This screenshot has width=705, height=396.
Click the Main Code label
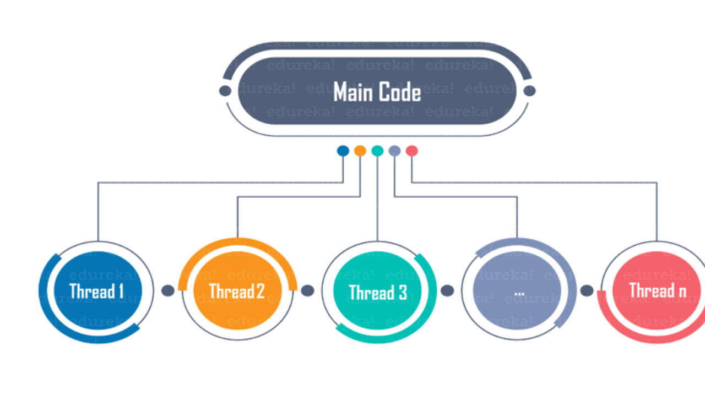(x=377, y=92)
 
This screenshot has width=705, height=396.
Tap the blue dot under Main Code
(x=343, y=151)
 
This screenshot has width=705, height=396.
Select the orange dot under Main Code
(x=360, y=151)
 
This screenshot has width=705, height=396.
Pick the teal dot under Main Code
(x=377, y=151)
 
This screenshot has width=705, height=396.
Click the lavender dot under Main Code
(x=394, y=151)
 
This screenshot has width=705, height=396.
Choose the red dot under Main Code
(x=411, y=151)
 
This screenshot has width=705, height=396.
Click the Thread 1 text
(x=96, y=291)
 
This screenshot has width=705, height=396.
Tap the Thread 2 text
(x=237, y=291)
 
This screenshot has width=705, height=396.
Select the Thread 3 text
(x=378, y=292)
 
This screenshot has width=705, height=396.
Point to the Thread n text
(x=658, y=290)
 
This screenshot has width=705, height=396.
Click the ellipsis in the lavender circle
(x=519, y=293)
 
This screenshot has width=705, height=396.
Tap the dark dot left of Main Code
(x=225, y=91)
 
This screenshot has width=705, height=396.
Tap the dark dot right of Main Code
(x=529, y=91)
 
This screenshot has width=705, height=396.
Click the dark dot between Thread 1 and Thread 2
(x=168, y=290)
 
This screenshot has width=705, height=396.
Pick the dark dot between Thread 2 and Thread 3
(x=307, y=290)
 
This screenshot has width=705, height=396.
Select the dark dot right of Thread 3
(x=447, y=290)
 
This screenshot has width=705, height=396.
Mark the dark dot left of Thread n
(x=587, y=290)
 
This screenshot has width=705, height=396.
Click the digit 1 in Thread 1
(x=120, y=291)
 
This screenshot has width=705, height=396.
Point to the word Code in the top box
(x=400, y=92)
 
